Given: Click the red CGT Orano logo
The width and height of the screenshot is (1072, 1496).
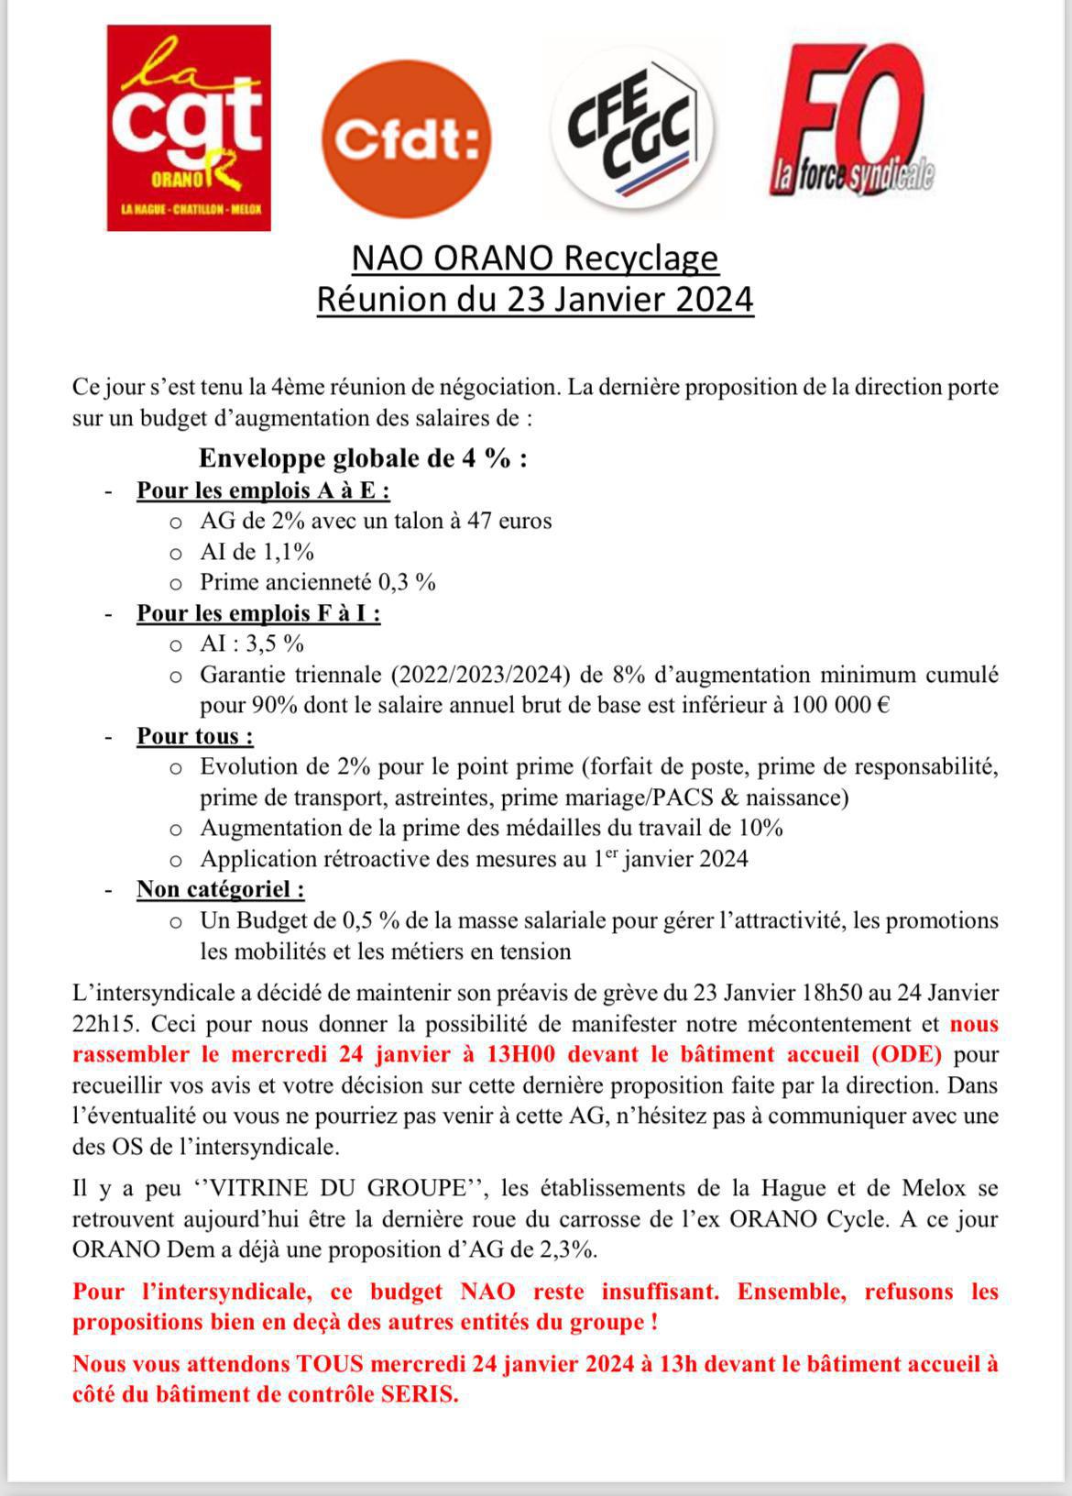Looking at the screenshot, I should (189, 127).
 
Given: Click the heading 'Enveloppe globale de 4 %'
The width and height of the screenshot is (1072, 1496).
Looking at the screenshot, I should (363, 458).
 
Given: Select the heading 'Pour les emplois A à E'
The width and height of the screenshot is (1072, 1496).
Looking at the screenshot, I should (263, 490).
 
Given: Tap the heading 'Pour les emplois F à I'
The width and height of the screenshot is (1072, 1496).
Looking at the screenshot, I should (258, 613).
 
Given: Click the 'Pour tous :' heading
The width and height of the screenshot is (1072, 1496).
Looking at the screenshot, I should (195, 736).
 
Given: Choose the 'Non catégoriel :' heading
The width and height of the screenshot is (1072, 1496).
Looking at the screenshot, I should (221, 889).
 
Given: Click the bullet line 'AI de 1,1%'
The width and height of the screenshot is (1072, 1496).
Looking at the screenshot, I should (257, 552).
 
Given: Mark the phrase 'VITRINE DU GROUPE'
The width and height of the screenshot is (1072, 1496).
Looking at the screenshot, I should (339, 1189).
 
